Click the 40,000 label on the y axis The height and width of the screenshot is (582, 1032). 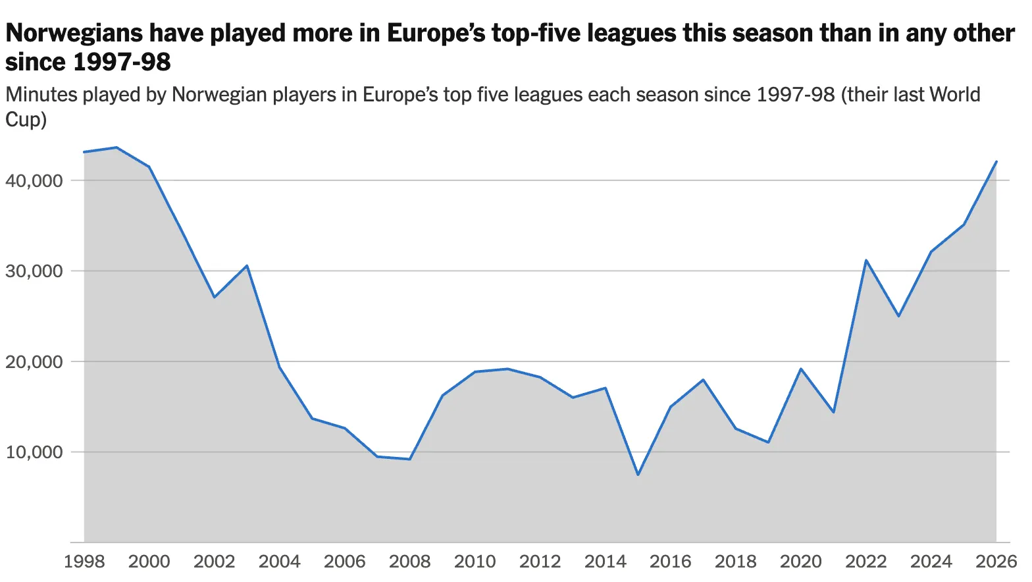(x=34, y=180)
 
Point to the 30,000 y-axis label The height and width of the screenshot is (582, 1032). (x=34, y=271)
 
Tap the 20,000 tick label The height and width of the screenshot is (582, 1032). (x=34, y=361)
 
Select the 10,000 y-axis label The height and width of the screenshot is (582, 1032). (x=34, y=452)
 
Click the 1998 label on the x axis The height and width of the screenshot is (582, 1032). (x=84, y=562)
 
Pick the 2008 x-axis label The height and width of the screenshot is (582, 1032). (x=409, y=562)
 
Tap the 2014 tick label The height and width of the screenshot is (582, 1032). (x=606, y=562)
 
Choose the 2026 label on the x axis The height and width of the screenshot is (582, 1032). (x=996, y=562)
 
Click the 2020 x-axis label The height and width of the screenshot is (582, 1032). (x=801, y=562)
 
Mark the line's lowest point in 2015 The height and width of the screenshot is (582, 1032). (x=638, y=475)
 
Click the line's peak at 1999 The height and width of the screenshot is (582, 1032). (x=117, y=147)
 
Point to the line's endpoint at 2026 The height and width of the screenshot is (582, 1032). (x=996, y=162)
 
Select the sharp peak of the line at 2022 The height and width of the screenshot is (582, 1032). (x=866, y=260)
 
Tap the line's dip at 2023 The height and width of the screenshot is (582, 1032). (x=898, y=316)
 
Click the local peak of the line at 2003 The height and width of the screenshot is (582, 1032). (x=247, y=265)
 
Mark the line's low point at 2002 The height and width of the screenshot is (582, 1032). (x=215, y=297)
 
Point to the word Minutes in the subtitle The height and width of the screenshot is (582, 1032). (x=41, y=94)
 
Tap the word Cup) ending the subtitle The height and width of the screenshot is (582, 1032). (x=26, y=120)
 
